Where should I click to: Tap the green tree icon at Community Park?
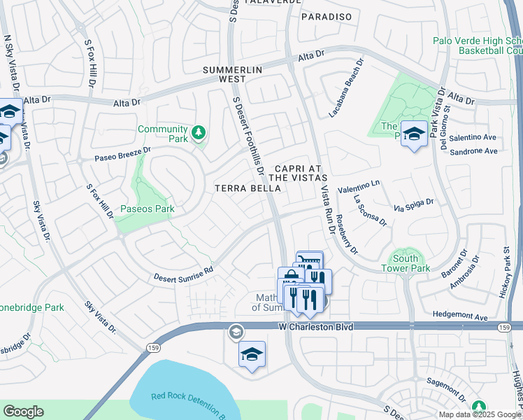pyautogui.click(x=199, y=132)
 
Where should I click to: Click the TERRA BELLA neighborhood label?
pyautogui.click(x=248, y=188)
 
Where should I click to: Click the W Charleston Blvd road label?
pyautogui.click(x=315, y=327)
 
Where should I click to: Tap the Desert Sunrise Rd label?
pyautogui.click(x=183, y=274)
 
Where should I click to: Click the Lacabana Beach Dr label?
pyautogui.click(x=347, y=89)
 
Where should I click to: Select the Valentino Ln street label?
pyautogui.click(x=358, y=186)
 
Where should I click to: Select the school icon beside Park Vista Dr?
pyautogui.click(x=414, y=134)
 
